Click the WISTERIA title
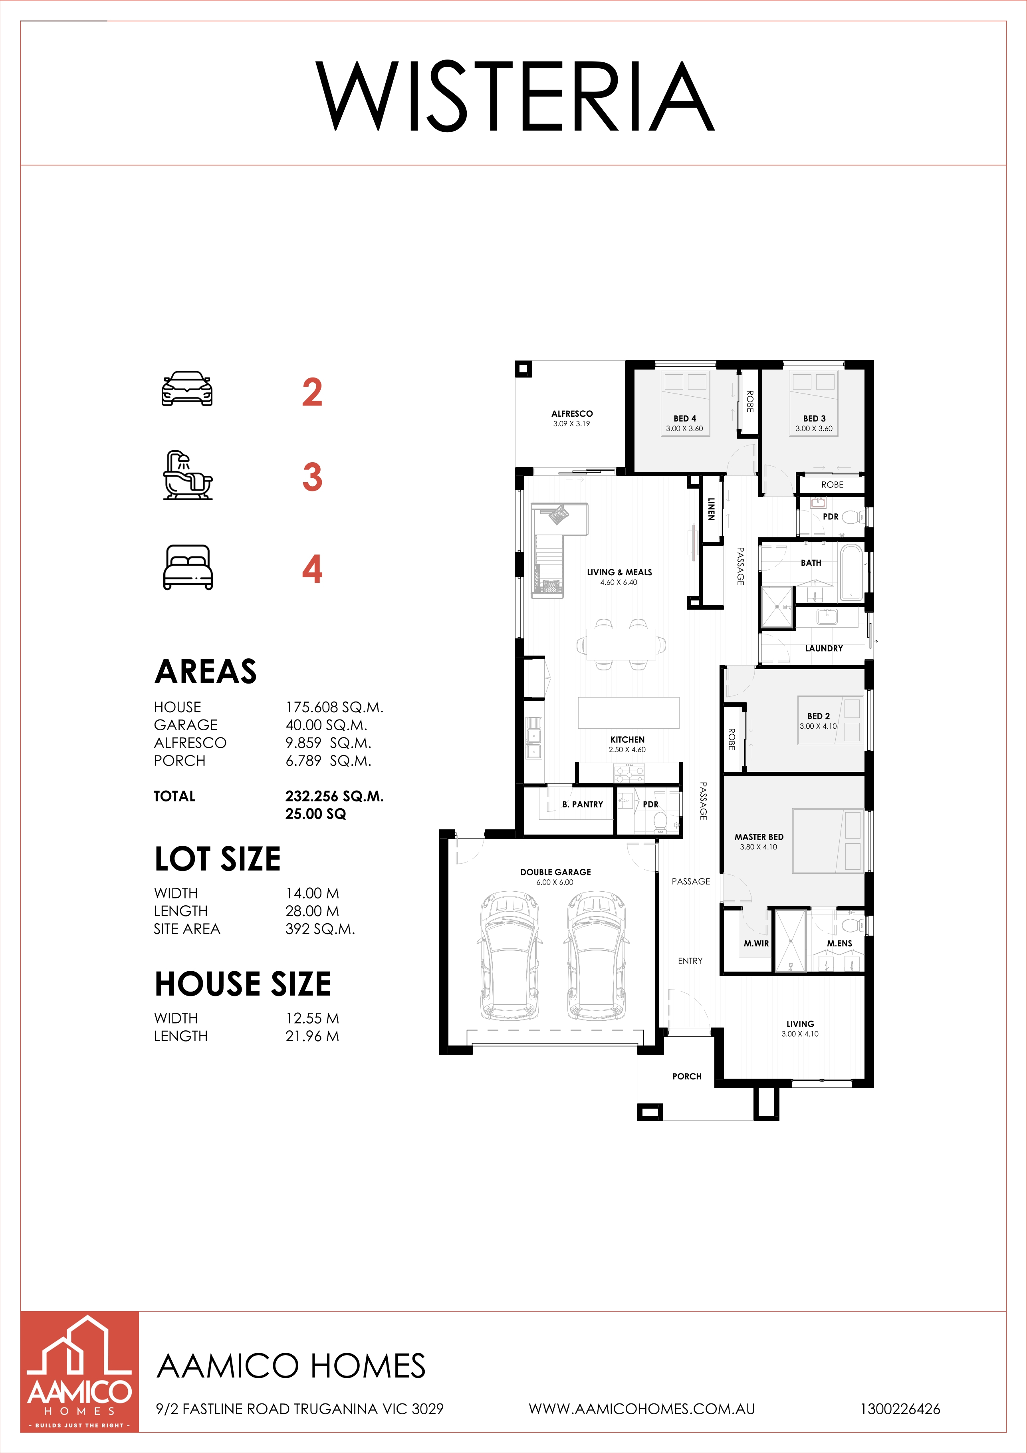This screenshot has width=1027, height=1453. coord(515,96)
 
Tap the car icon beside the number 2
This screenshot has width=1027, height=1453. coord(187,389)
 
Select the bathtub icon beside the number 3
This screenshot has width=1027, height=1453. coord(188,475)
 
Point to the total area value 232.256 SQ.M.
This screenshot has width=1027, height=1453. coord(335,796)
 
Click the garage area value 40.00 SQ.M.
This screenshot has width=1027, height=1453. coord(326,725)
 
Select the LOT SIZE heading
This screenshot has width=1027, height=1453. coord(218,859)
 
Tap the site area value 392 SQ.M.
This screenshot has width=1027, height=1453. coord(320,929)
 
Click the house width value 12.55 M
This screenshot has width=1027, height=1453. coord(312,1018)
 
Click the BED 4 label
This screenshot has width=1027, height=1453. coord(684,418)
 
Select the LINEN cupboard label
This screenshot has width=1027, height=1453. coord(712,509)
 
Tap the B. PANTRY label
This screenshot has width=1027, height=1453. coord(583,804)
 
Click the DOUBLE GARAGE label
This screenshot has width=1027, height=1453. coord(555,872)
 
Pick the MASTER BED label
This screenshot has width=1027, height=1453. coord(759,837)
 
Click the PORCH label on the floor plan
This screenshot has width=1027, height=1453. coord(687,1076)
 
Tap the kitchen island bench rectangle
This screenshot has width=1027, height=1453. coord(628,713)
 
